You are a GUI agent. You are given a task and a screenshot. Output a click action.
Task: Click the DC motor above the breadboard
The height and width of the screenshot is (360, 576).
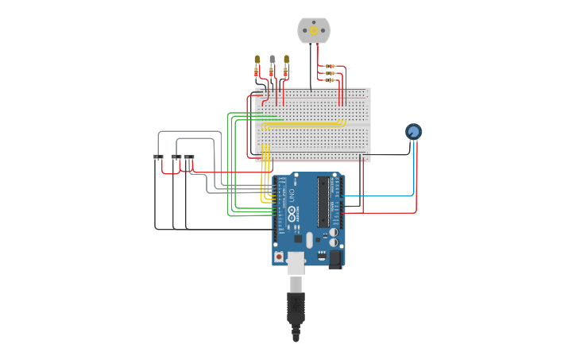(x=313, y=30)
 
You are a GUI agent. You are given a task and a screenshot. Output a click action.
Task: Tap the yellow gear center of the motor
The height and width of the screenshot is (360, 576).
(x=313, y=30)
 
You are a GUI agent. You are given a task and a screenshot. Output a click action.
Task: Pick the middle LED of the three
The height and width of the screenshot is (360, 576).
(x=272, y=59)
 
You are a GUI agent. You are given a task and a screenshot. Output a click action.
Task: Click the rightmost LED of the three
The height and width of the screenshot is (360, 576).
(x=286, y=59)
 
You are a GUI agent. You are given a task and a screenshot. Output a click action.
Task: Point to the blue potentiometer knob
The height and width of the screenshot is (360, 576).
(x=413, y=132)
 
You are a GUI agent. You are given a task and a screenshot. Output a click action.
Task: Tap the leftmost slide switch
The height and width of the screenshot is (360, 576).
(x=158, y=157)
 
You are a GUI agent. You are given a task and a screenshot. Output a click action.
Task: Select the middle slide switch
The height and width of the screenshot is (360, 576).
(x=176, y=157)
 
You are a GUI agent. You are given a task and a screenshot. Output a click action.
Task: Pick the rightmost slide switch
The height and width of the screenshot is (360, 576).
(x=189, y=157)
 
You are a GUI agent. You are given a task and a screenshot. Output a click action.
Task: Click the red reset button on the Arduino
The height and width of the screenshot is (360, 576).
(x=279, y=257)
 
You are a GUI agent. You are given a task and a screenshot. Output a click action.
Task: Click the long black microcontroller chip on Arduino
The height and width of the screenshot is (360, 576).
(x=323, y=202)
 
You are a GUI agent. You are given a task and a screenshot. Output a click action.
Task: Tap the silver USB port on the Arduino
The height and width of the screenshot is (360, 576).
(x=296, y=261)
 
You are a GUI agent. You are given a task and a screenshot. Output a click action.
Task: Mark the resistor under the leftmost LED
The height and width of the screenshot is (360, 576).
(x=257, y=73)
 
